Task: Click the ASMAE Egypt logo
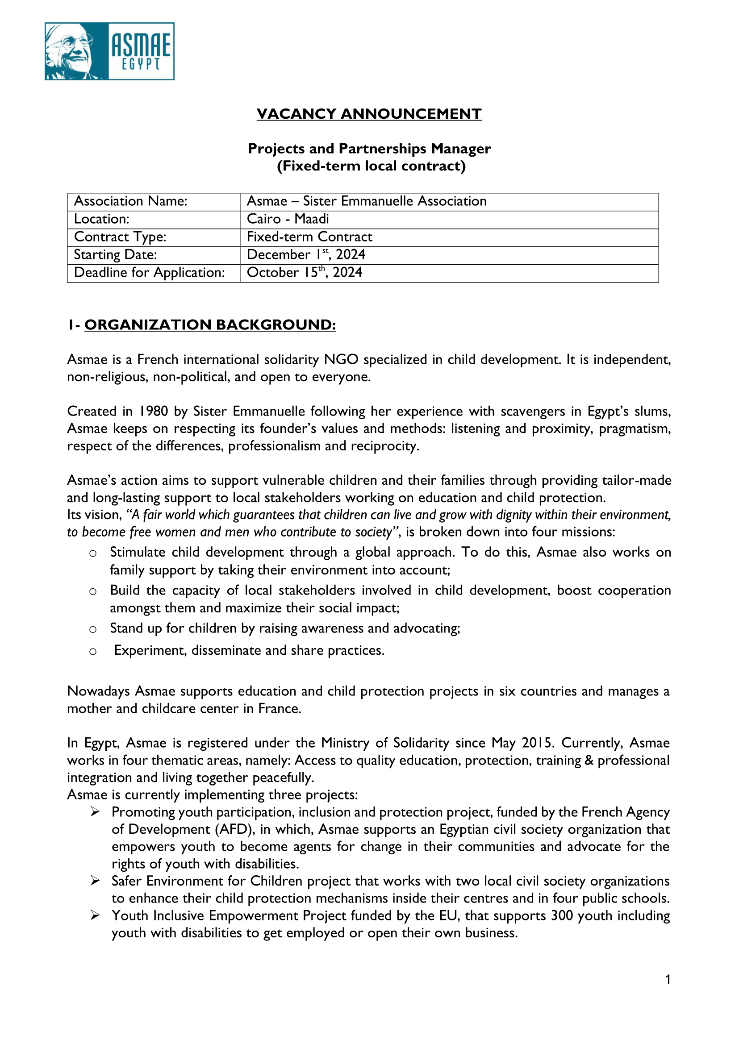109,51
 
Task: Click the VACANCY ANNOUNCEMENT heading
369,114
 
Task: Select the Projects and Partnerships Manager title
369,149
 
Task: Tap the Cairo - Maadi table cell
288,219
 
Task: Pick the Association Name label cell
130,201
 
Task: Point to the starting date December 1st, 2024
306,255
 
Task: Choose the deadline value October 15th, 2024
305,272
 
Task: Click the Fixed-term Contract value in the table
309,237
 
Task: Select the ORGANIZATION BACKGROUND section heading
210,325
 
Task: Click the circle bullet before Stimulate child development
93,553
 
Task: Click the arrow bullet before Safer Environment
95,881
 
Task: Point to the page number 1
668,979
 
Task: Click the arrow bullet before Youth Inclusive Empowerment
95,915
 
